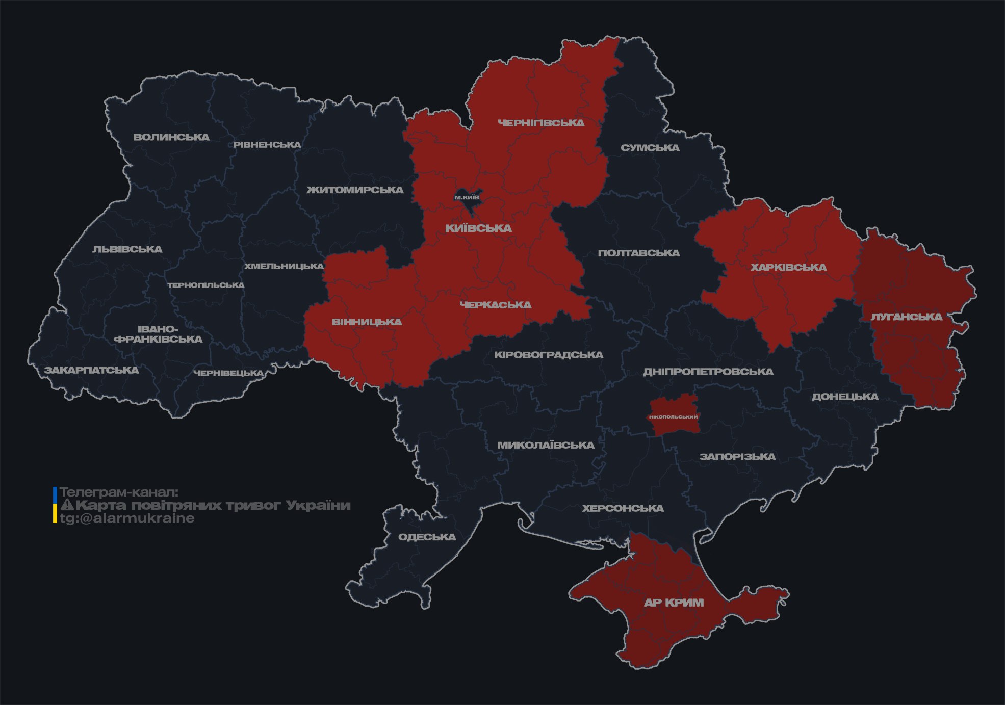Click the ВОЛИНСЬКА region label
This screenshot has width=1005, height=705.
[171, 137]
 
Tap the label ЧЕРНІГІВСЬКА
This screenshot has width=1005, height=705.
[541, 123]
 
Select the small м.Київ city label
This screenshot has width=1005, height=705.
[467, 197]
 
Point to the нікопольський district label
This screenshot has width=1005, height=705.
[673, 416]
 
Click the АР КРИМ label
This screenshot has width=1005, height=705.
[674, 603]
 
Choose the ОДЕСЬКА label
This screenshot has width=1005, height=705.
[427, 537]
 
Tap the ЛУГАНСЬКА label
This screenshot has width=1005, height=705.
[906, 317]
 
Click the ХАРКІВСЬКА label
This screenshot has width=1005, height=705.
[788, 267]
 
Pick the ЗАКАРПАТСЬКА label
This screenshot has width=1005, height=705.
[91, 370]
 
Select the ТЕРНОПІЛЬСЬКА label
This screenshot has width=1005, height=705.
[206, 285]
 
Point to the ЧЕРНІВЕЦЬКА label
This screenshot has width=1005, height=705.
[228, 373]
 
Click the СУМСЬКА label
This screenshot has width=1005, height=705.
[650, 148]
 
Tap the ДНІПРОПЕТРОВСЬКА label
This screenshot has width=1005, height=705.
[708, 372]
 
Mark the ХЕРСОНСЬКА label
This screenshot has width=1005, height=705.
[623, 508]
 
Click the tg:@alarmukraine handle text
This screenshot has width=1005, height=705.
[127, 518]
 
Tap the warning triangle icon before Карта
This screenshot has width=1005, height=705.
[67, 505]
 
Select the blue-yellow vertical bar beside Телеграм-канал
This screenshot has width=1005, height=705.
[55, 505]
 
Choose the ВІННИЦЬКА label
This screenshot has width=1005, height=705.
[367, 322]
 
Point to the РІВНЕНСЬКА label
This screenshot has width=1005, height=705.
[267, 145]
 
